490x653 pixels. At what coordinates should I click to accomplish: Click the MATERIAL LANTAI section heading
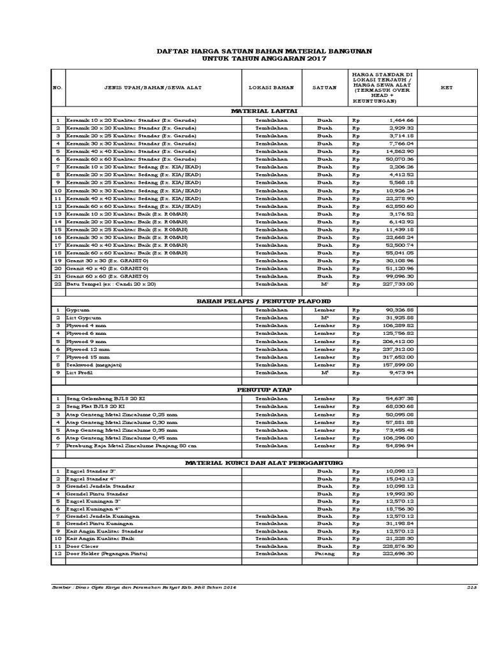(264, 111)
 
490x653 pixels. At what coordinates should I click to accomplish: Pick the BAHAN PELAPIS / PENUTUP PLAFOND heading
(264, 300)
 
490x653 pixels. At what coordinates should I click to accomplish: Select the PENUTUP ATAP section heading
(264, 388)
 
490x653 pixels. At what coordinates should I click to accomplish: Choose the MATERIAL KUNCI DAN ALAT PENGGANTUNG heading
(264, 462)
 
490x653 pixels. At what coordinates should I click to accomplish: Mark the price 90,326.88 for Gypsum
(399, 309)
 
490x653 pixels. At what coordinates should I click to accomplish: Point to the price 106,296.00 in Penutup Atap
(399, 438)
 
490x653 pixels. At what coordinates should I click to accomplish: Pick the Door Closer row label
(83, 546)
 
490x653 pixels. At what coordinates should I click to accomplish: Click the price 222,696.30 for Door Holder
(399, 554)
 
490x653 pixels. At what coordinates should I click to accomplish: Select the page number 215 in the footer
(472, 587)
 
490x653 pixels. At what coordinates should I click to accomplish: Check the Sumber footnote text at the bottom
(144, 587)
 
